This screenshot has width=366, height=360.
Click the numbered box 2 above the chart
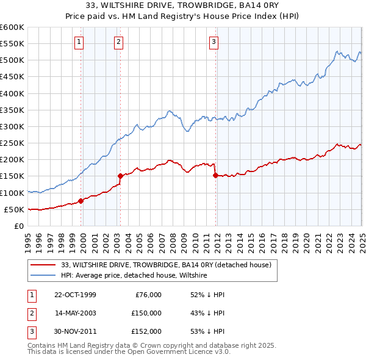(118, 42)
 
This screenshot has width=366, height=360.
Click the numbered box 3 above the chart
(214, 42)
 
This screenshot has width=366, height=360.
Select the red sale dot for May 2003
(121, 176)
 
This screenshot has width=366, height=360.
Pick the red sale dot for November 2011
(215, 175)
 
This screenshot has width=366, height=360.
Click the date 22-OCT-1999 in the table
(75, 295)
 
